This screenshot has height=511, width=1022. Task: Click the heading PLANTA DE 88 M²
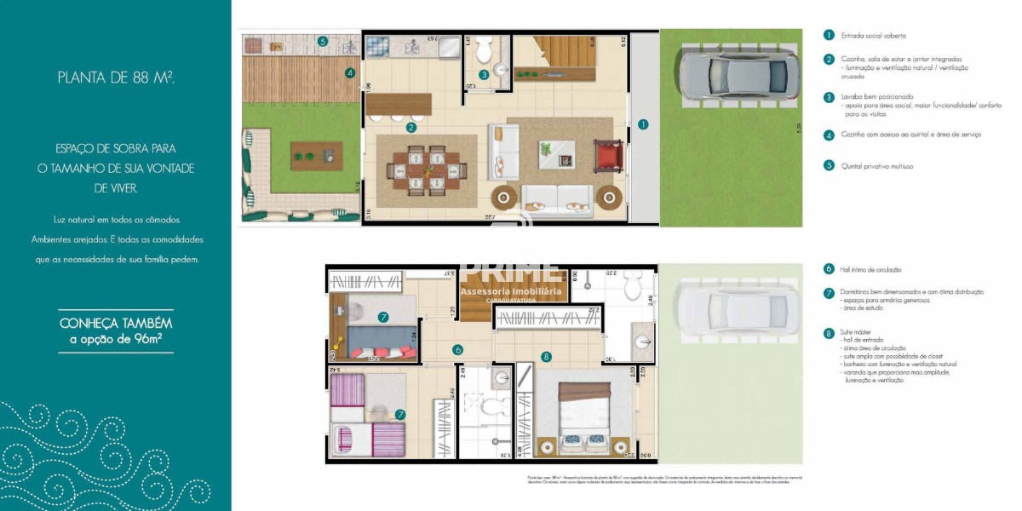point(116,78)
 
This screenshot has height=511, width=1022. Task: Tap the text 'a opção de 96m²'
point(116,340)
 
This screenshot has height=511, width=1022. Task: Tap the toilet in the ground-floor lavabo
point(484,51)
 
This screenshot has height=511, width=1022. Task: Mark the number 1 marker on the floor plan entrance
point(643,123)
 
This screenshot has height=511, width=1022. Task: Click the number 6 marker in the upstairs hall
point(457,349)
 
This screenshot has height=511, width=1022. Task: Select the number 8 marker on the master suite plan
point(546,357)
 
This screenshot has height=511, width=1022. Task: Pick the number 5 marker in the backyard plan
point(322,41)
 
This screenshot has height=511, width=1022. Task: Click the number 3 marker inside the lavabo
point(483,75)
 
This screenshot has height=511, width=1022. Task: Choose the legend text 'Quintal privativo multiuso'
point(878,166)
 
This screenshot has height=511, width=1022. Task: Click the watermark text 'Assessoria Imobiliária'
point(511,291)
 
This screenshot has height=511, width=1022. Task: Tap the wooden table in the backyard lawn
point(316,154)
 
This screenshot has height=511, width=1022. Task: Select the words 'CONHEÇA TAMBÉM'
point(116,323)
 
